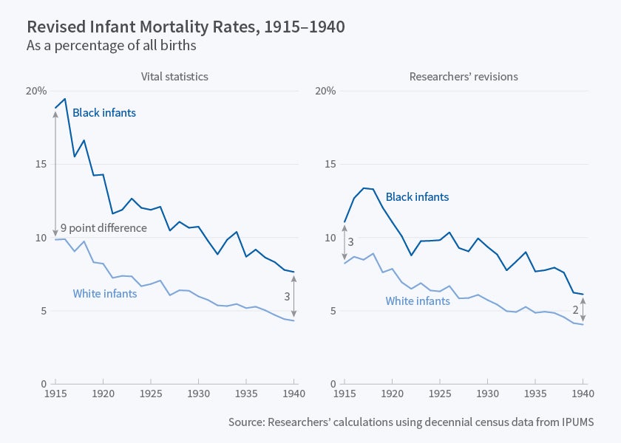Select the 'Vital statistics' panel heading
175,76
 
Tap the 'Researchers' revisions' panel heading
464,76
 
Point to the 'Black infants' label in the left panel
104,113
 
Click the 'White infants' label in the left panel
105,293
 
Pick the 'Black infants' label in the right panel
417,197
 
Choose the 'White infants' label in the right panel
418,301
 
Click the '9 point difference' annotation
103,228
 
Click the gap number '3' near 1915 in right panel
351,241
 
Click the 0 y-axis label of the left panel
44,384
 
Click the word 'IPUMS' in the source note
577,422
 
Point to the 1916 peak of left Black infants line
65,99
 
